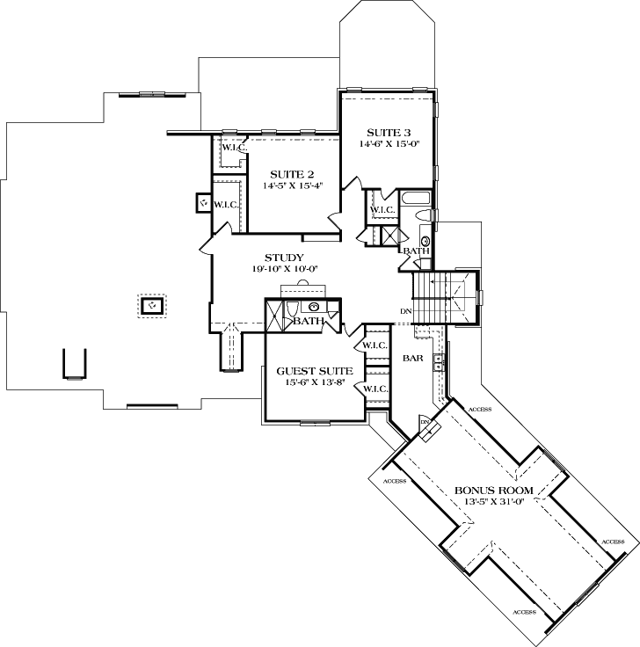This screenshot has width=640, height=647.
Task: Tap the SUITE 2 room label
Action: tap(288, 174)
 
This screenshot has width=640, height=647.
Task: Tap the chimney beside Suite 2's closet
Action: tap(202, 204)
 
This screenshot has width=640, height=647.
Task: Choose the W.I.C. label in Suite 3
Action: tap(382, 210)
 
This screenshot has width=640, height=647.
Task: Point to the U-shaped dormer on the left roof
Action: tap(74, 362)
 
